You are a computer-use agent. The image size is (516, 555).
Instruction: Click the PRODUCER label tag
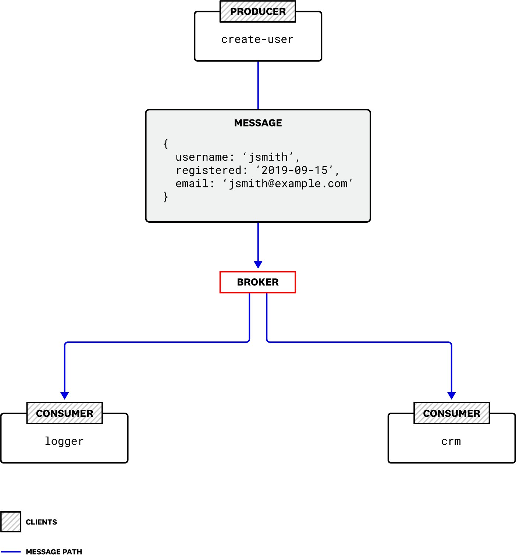point(257,12)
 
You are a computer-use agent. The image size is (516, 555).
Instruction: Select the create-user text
point(257,39)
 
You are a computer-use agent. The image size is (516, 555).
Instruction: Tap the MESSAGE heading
point(258,123)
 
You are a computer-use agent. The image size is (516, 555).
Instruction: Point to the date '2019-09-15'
point(294,171)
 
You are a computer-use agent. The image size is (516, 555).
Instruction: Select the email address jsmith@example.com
point(288,184)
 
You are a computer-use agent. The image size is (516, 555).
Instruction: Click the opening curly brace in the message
point(166,144)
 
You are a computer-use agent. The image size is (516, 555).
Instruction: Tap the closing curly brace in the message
point(166,197)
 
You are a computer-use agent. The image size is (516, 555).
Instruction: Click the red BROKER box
point(257,282)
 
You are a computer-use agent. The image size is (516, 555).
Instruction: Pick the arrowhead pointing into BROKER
point(258,265)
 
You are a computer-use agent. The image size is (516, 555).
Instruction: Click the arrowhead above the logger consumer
point(65,395)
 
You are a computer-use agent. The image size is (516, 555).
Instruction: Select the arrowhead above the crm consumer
point(451,395)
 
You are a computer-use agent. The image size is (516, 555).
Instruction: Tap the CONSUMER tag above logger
point(65,413)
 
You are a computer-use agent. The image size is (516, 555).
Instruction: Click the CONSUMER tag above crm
point(452,413)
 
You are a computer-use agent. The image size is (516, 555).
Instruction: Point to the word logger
point(64,441)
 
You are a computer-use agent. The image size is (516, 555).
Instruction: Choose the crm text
point(451,441)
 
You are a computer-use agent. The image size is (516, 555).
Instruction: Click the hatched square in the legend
point(11,522)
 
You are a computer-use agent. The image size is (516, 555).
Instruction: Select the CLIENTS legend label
point(41,522)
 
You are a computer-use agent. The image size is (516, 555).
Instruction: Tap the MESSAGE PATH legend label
point(54,551)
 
